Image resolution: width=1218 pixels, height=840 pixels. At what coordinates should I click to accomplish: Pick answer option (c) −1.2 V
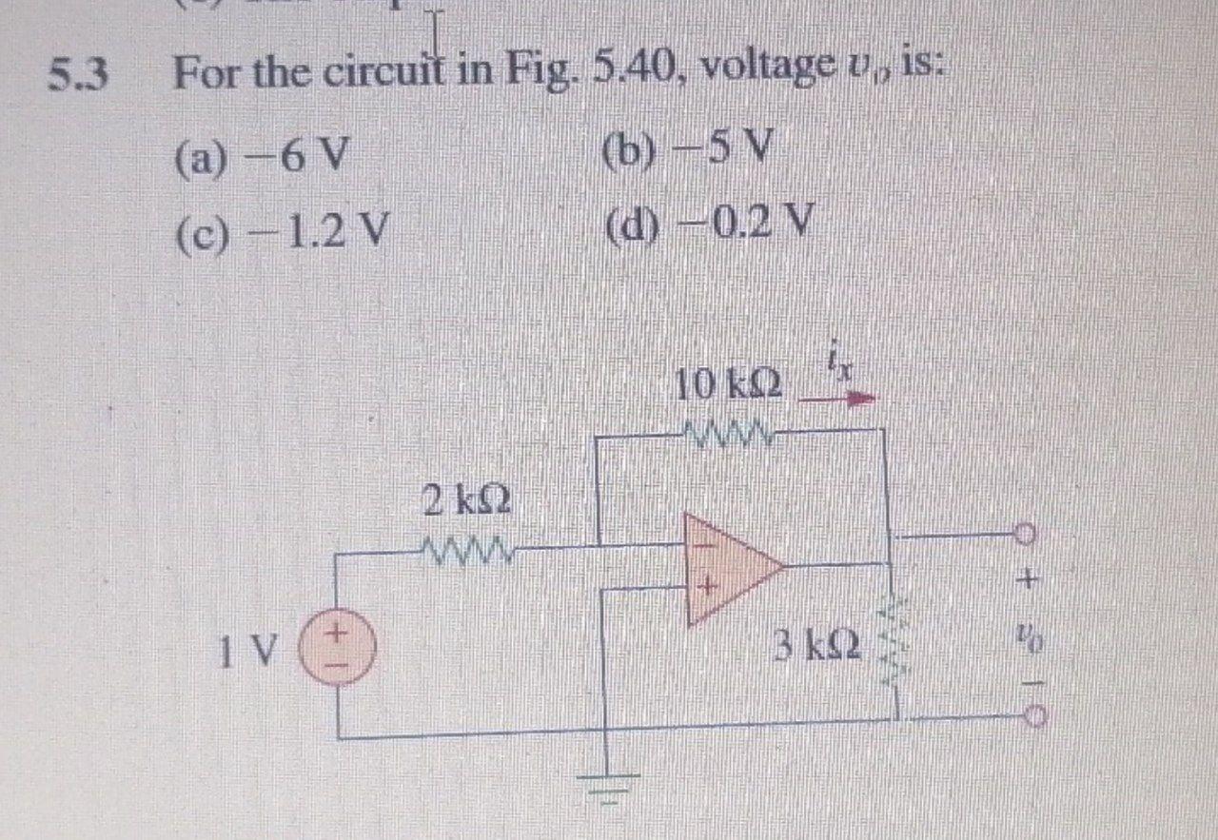coord(281,231)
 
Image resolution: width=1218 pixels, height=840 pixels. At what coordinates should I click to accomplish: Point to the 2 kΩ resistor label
coord(465,500)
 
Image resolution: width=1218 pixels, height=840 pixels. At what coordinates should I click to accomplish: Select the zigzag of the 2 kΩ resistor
coord(465,549)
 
